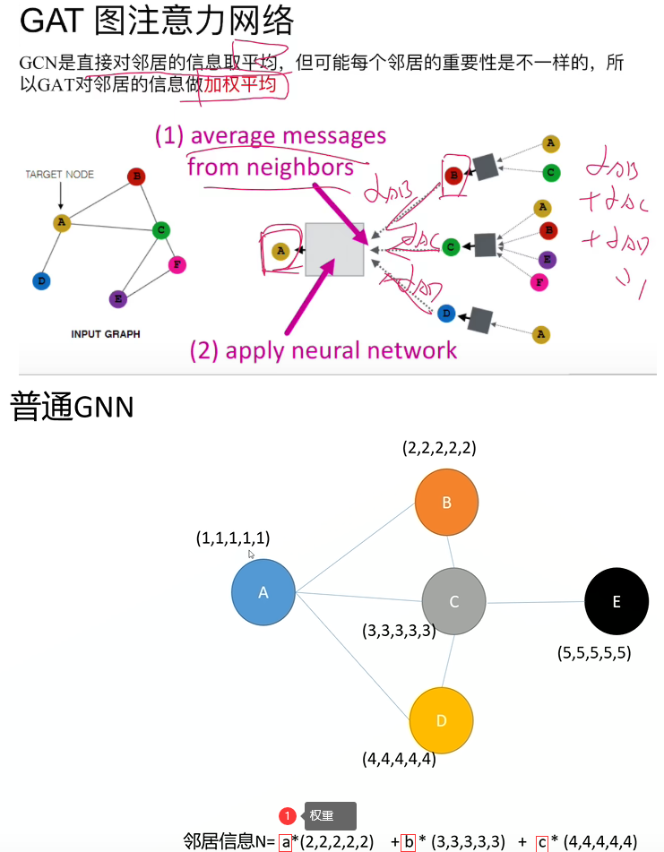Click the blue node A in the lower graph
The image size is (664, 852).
[263, 592]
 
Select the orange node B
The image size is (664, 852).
[447, 502]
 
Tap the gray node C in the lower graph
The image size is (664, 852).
[453, 601]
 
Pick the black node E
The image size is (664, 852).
[616, 602]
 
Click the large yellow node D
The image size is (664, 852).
[441, 721]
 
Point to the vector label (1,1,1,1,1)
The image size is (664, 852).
[233, 538]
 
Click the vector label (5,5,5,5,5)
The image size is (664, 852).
[594, 653]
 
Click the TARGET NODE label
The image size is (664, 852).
[59, 174]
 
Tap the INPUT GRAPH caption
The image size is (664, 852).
[105, 334]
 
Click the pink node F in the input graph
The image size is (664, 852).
[177, 264]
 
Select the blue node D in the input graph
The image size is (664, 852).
[40, 281]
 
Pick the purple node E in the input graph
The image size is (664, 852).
[116, 298]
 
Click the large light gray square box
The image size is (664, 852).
[334, 249]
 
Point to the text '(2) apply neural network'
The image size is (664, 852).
[323, 350]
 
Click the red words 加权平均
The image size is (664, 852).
[237, 86]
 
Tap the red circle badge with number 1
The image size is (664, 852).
[287, 816]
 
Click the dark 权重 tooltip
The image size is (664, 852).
[330, 816]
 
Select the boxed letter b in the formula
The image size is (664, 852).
[408, 842]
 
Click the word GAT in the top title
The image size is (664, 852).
[51, 21]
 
